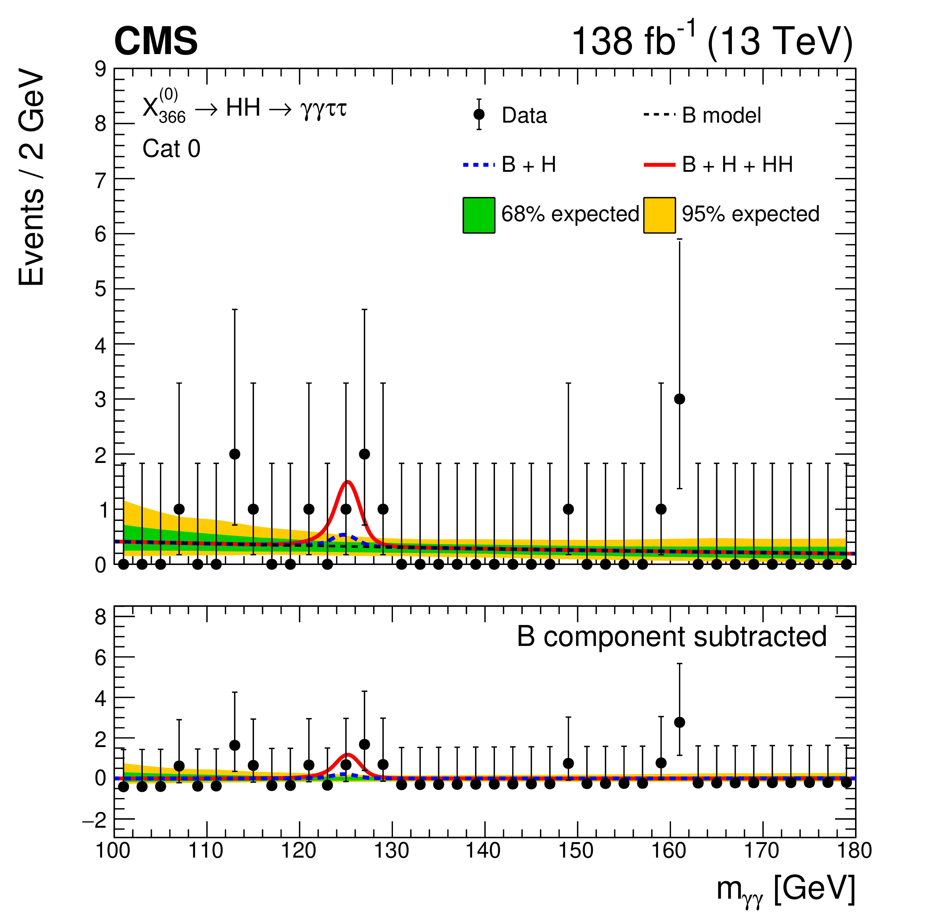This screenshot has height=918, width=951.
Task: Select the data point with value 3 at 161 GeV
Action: (x=679, y=399)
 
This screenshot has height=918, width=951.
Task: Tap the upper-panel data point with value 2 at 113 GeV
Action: (x=235, y=454)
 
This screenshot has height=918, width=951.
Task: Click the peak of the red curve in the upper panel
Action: (x=347, y=482)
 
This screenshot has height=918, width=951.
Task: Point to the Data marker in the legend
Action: (x=479, y=114)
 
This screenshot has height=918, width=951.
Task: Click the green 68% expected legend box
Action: (x=479, y=215)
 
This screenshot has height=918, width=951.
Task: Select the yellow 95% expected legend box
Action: (x=659, y=215)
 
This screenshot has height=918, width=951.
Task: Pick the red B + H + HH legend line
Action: (x=659, y=165)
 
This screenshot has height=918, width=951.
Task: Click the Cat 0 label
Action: (x=171, y=149)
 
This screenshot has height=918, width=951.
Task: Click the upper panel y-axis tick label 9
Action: (x=101, y=69)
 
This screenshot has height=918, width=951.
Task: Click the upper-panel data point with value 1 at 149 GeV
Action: (x=568, y=509)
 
